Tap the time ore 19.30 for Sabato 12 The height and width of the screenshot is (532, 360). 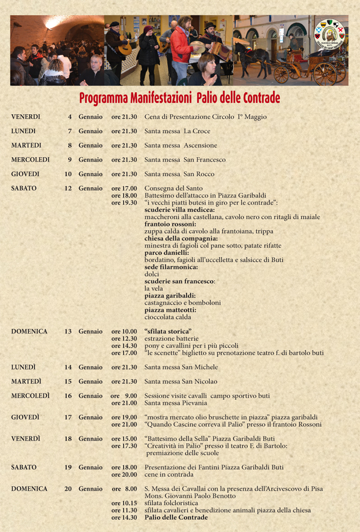[x=124, y=203]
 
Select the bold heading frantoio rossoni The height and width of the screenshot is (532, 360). [x=170, y=224]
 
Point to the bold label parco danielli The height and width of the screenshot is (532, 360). [x=167, y=253]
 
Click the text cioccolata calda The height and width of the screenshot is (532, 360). [x=168, y=317]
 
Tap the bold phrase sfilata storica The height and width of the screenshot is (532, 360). [x=168, y=332]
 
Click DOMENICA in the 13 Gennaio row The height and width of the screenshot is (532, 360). [x=29, y=332]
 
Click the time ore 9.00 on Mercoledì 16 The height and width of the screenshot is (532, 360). [x=124, y=396]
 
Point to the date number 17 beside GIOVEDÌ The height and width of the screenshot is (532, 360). [x=68, y=417]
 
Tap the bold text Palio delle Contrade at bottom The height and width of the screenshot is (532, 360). [x=176, y=517]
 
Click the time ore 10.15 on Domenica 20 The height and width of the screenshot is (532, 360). [x=124, y=503]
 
